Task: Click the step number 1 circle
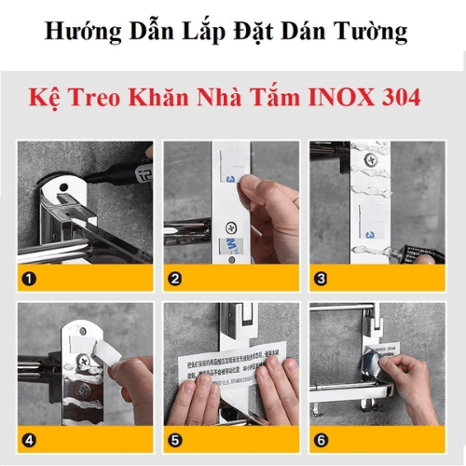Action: click(x=29, y=278)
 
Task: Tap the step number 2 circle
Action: click(x=175, y=278)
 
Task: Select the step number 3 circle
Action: click(x=322, y=278)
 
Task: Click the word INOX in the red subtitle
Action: click(x=350, y=97)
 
